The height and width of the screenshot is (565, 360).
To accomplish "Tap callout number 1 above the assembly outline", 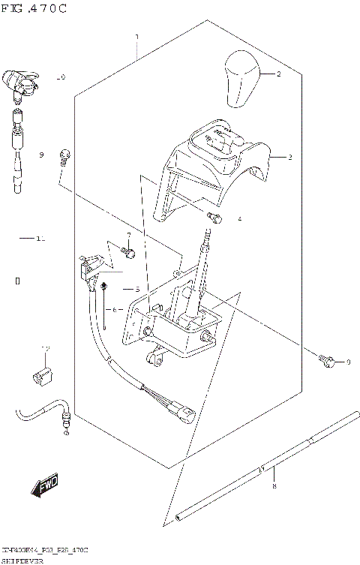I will click(136, 37).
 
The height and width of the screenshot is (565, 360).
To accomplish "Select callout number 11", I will click(40, 239).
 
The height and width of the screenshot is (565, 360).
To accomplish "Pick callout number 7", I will click(128, 235).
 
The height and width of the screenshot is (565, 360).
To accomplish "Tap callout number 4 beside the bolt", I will click(239, 219).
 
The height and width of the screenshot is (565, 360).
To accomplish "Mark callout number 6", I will click(115, 309).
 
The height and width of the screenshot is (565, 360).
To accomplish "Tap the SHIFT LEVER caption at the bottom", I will click(22, 560).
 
